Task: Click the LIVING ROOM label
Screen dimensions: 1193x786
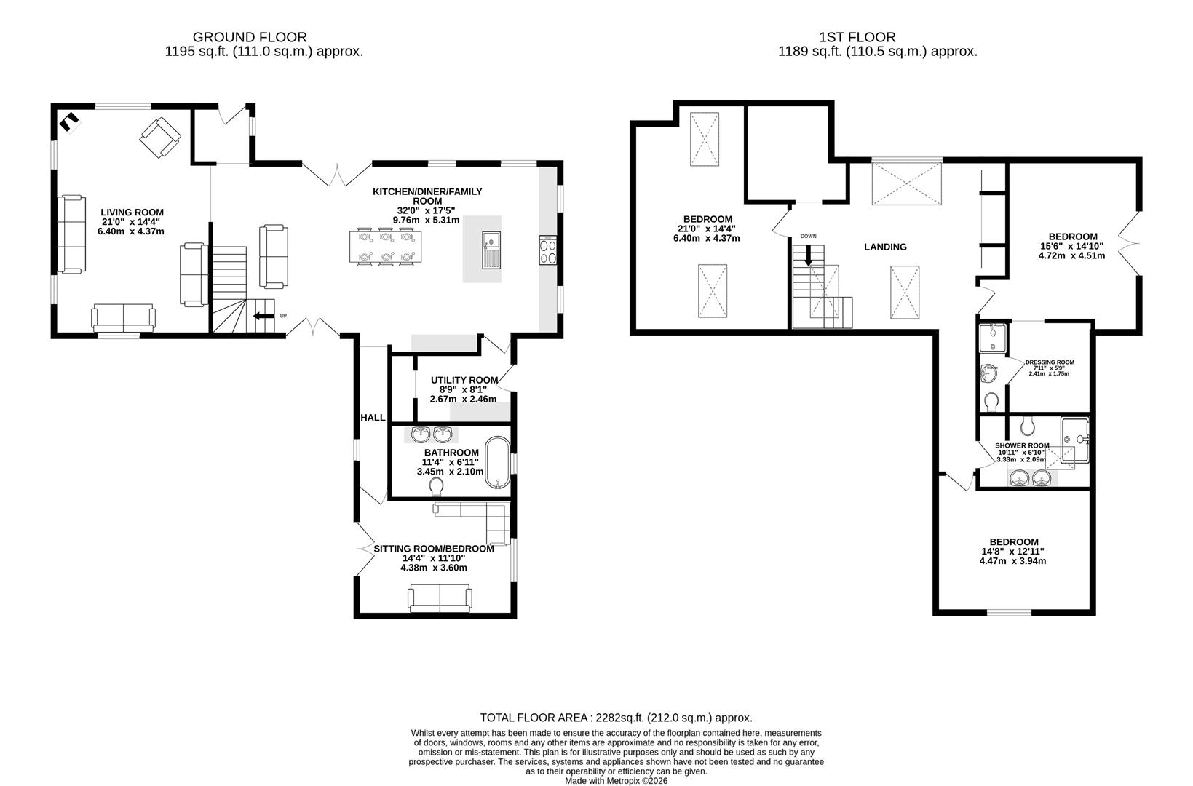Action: [x=132, y=213]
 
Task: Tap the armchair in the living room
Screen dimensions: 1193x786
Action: [x=160, y=138]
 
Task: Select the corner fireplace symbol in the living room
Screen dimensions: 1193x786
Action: [x=69, y=122]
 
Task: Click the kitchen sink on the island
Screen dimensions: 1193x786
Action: [x=491, y=250]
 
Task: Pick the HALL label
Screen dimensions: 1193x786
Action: [x=373, y=418]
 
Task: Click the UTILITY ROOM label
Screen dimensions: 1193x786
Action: [x=464, y=380]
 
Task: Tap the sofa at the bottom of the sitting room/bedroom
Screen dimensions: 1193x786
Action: [x=440, y=598]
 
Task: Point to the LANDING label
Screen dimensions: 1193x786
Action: [x=885, y=247]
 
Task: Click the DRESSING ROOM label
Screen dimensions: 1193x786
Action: [x=1050, y=362]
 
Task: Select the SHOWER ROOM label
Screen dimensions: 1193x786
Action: [x=1022, y=445]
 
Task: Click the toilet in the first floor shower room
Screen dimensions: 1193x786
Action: [x=1028, y=426]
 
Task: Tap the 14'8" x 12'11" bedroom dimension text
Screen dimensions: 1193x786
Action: [x=1013, y=552]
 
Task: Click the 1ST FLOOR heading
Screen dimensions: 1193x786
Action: [x=857, y=37]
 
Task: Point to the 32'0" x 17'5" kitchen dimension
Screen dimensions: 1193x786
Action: [x=426, y=210]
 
